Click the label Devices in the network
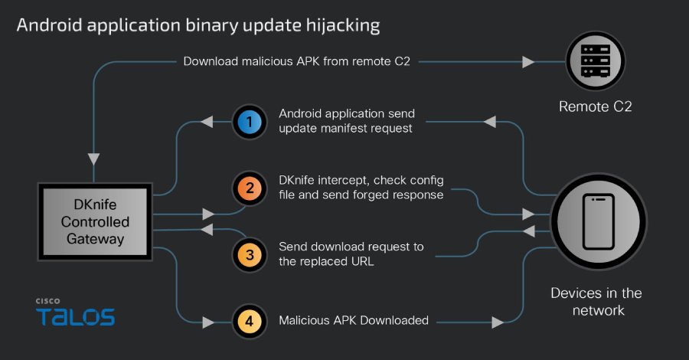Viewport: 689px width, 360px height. point(596,302)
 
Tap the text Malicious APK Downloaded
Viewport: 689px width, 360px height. point(354,320)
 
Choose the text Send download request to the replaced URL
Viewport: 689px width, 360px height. point(351,254)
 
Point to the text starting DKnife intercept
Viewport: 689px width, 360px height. point(361,187)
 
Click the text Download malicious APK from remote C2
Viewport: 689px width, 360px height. point(296,61)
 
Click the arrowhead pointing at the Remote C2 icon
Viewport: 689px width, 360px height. point(528,61)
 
